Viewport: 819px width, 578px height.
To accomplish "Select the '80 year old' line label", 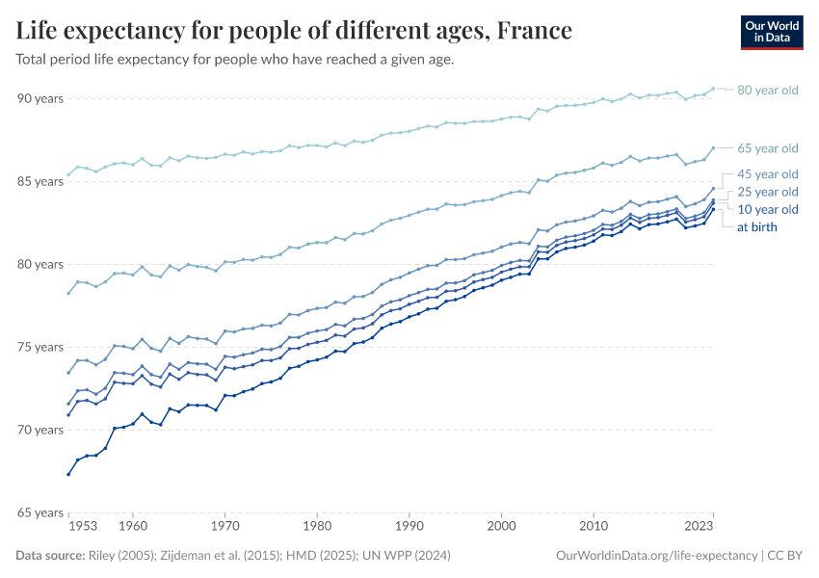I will (x=768, y=91).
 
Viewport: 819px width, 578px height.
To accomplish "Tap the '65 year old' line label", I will (x=768, y=148).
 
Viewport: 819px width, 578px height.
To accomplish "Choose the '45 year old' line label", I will (x=768, y=174).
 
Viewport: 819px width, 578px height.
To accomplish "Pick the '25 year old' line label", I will (x=768, y=192).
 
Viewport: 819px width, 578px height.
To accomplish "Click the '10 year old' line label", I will (x=768, y=209).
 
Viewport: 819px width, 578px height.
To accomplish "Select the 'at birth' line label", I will (x=756, y=227).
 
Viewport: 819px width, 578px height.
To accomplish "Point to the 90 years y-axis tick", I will (x=39, y=98).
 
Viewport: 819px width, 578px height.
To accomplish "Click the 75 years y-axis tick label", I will (x=39, y=347).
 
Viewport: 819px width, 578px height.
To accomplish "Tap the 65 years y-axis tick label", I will (x=39, y=512).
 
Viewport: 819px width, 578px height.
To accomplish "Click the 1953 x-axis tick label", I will (x=82, y=527).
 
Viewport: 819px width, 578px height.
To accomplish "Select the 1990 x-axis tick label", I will (x=409, y=527).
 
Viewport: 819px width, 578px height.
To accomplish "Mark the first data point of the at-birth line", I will (x=68, y=474).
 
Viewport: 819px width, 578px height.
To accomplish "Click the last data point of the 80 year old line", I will (x=713, y=89).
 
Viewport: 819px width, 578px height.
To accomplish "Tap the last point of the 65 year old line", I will (x=713, y=148).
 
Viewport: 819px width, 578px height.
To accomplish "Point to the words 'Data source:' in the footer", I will (x=49, y=556).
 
